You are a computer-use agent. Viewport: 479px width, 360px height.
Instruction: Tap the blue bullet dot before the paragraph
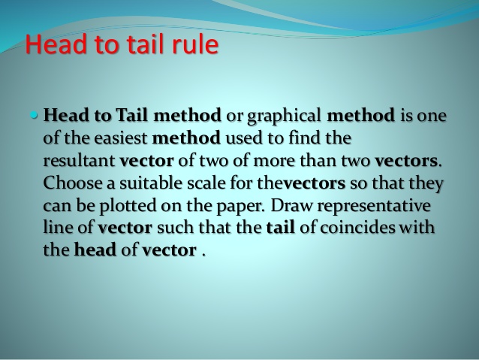tap(35, 116)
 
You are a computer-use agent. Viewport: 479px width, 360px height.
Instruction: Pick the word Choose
tap(70, 184)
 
